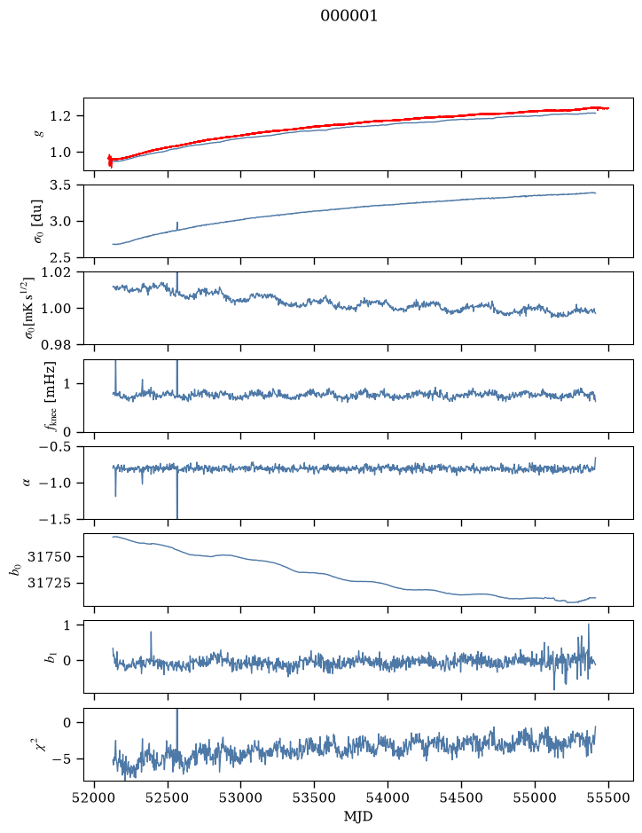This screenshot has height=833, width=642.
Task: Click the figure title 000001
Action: click(348, 16)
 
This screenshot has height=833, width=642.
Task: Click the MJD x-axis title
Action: click(358, 816)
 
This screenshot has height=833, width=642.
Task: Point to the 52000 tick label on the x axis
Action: click(95, 798)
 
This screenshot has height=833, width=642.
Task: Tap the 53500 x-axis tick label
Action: click(315, 798)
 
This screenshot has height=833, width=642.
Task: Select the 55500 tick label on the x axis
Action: click(608, 798)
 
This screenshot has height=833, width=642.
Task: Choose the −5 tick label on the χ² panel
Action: click(64, 758)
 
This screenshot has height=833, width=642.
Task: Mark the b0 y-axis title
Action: click(18, 569)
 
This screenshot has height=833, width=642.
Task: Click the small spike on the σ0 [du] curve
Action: click(176, 226)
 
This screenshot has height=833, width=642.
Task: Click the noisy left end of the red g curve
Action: click(110, 161)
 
